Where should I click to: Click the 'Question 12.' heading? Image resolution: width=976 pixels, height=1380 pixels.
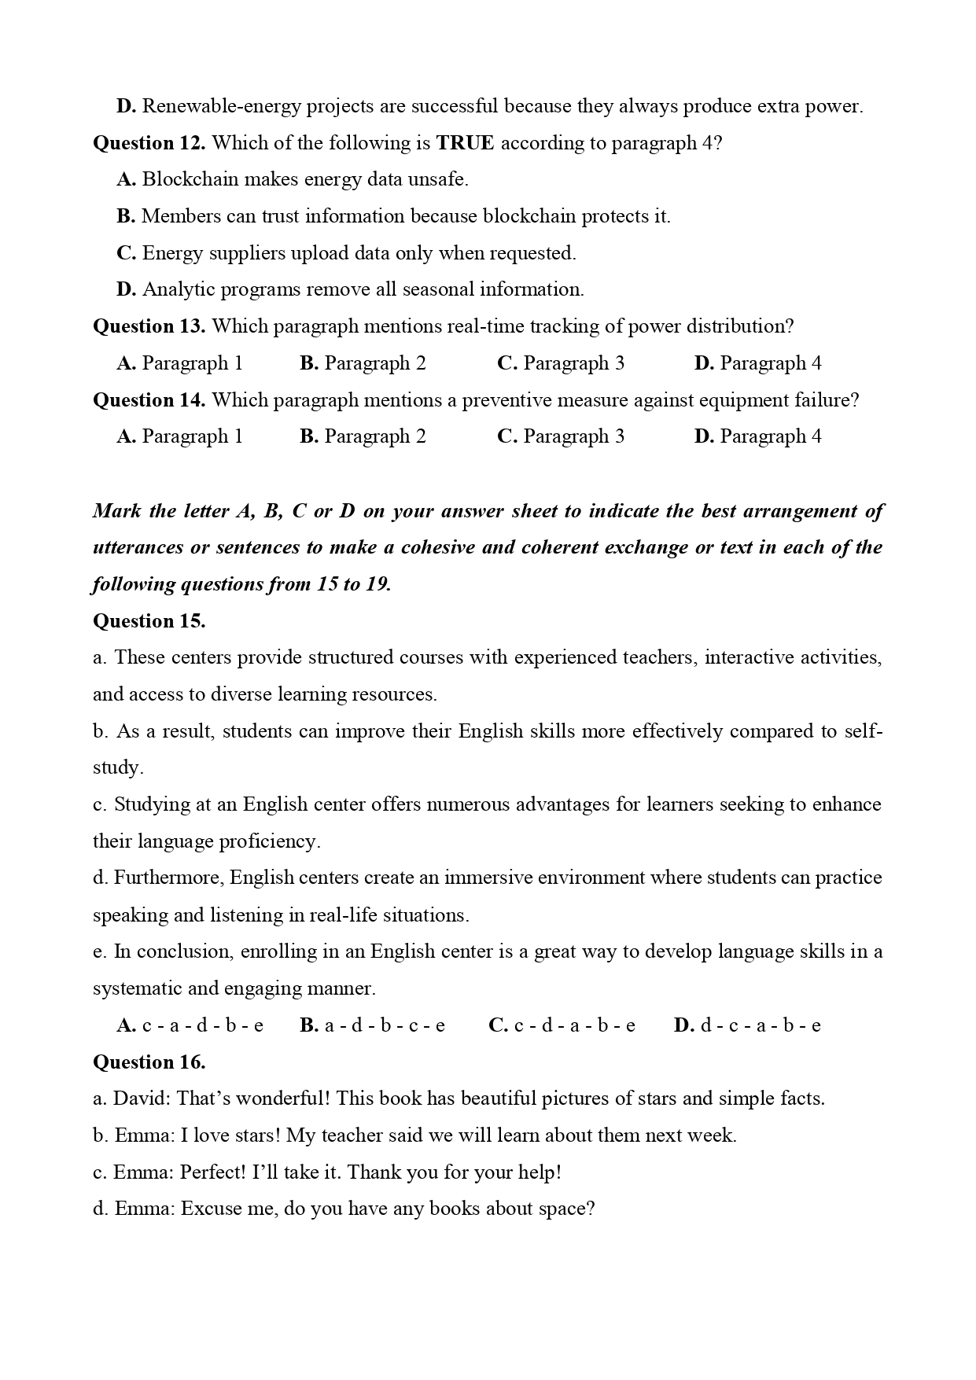[149, 143]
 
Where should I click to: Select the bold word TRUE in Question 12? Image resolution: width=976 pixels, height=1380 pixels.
[465, 143]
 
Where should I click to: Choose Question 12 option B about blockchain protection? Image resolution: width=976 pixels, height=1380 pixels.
[393, 216]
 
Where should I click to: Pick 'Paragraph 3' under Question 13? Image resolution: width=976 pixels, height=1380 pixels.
[561, 363]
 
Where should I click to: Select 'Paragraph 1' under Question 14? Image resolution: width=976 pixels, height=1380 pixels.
[180, 436]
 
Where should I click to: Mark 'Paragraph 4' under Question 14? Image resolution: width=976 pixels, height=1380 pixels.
[757, 436]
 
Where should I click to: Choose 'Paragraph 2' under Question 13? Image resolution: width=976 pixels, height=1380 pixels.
[363, 363]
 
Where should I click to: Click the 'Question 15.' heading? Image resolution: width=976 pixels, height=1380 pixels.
[149, 621]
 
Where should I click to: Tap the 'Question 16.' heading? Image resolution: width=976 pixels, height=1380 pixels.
[149, 1062]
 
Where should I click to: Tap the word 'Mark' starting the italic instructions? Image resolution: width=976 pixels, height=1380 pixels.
[116, 511]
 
